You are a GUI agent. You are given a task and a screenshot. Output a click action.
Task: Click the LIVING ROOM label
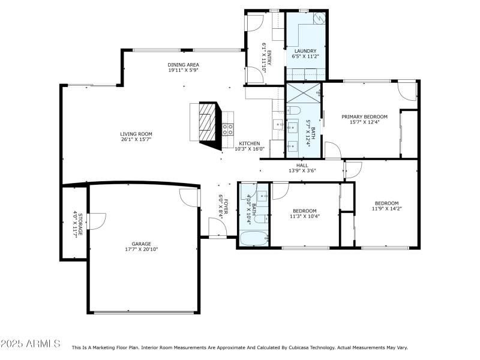[x=136, y=134]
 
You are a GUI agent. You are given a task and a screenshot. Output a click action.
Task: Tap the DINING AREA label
[x=183, y=65]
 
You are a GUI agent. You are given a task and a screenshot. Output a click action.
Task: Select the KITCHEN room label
[x=250, y=143]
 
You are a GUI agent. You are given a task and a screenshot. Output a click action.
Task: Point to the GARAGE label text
[x=142, y=244]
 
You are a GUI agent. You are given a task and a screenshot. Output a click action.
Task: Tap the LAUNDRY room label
[x=309, y=51]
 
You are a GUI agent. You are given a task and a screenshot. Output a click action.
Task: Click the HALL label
[x=302, y=165]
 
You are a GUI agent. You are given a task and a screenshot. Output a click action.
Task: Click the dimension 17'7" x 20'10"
[x=142, y=250]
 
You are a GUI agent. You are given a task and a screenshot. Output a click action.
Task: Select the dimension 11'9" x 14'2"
[x=387, y=209]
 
